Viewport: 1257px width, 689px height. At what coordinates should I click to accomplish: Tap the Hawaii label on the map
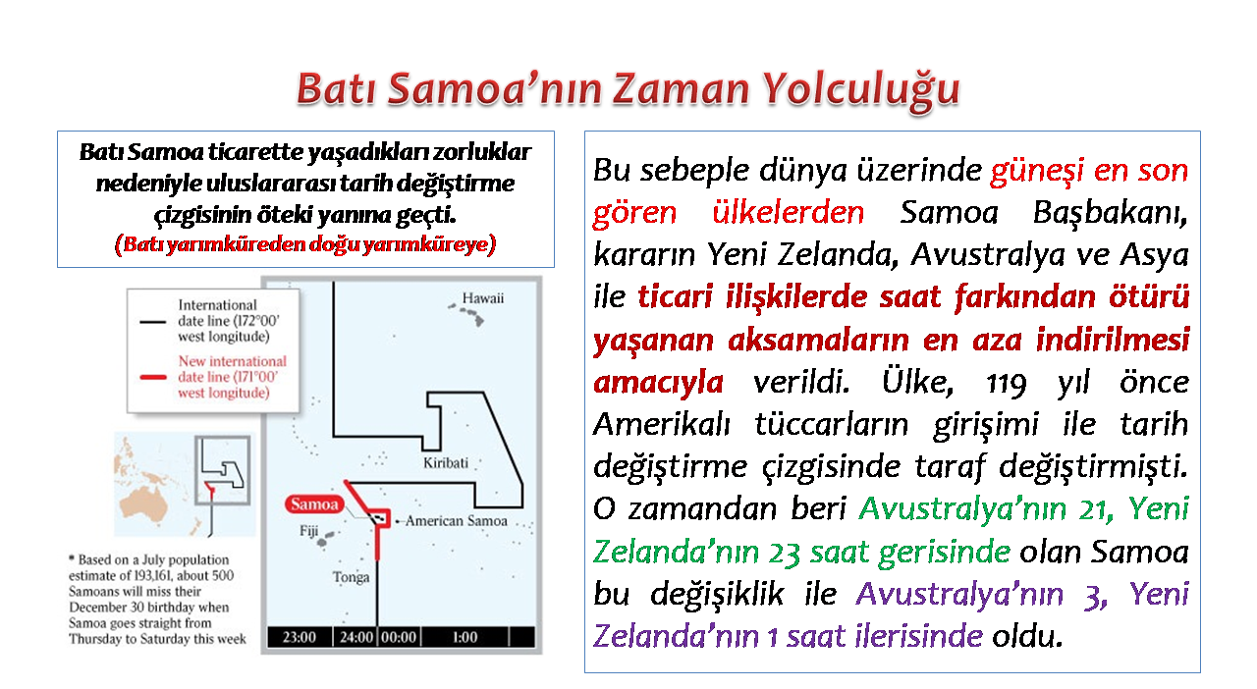point(482,298)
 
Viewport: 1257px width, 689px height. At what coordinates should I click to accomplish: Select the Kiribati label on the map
point(446,463)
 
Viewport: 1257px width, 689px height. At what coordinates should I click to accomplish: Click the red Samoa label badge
point(314,503)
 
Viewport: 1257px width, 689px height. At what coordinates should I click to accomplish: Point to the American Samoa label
point(457,521)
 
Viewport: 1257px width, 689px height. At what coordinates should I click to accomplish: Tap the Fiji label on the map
point(308,531)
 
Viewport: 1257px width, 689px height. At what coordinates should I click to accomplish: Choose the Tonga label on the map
point(351,577)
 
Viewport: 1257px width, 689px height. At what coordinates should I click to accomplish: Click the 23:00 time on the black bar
point(300,637)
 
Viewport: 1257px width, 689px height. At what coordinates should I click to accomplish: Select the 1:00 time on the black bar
point(465,637)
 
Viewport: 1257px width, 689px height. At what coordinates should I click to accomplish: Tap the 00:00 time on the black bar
point(399,637)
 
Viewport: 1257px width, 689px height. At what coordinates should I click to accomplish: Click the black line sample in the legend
point(152,322)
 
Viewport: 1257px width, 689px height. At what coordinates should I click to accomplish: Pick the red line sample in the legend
point(152,377)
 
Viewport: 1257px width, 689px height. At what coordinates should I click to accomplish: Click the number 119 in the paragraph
point(1007,384)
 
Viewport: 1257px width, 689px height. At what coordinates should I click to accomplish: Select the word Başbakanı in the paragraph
point(1111,213)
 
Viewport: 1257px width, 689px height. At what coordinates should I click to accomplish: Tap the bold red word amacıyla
point(658,383)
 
